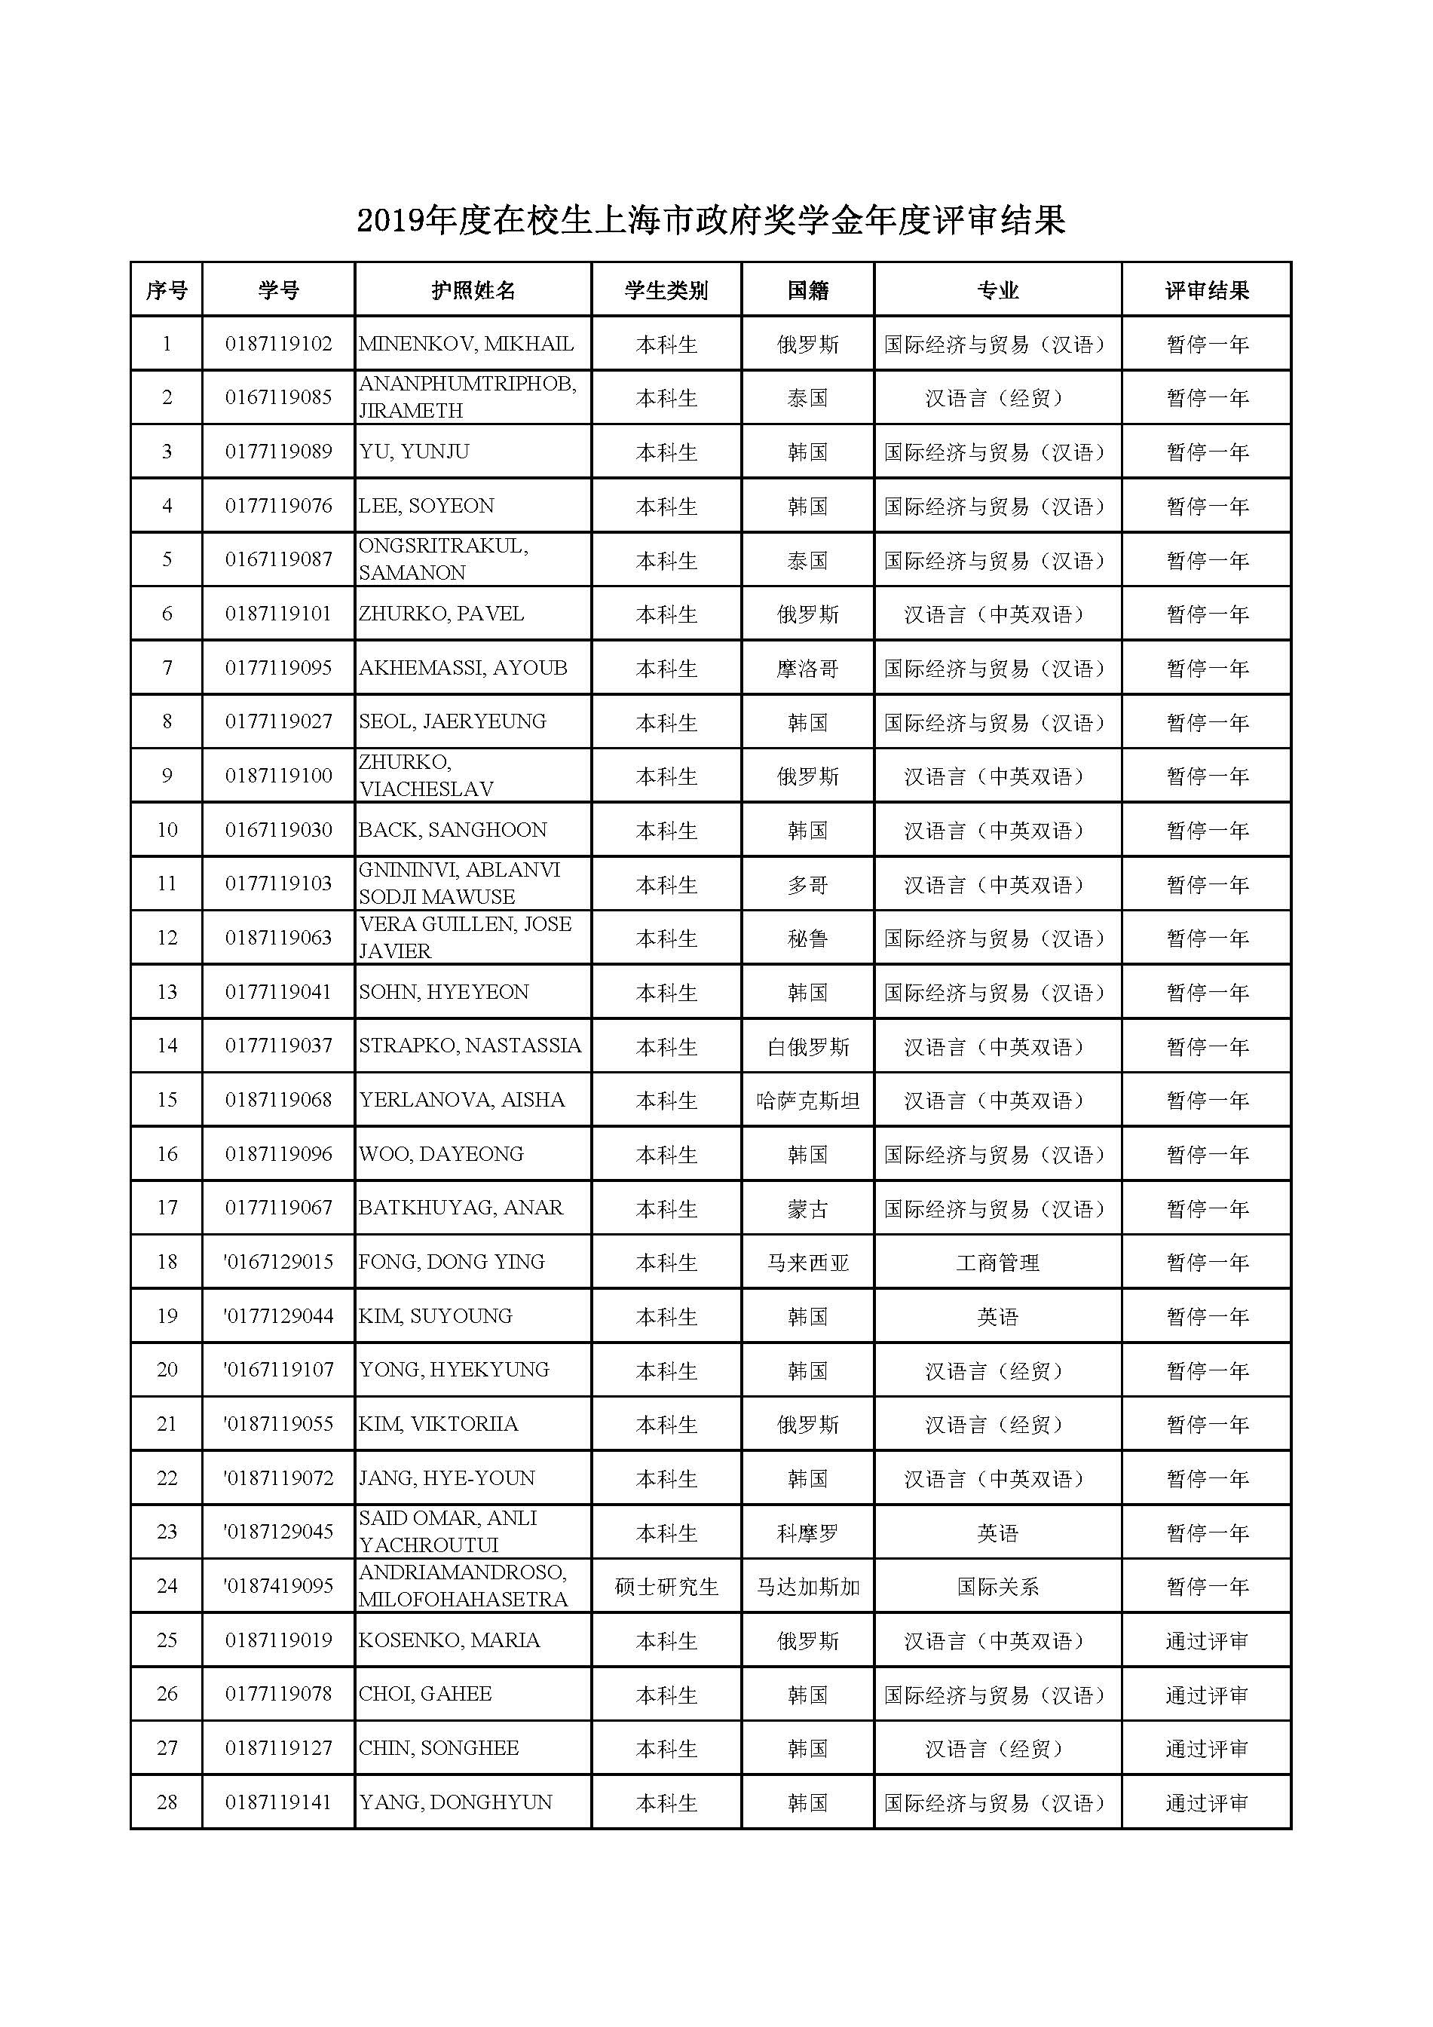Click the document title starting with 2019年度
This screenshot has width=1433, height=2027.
click(711, 221)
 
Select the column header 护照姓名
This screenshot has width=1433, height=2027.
click(473, 290)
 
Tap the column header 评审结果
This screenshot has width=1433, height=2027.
click(1206, 290)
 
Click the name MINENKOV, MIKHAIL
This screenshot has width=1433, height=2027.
click(466, 344)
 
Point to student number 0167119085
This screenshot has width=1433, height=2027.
click(278, 397)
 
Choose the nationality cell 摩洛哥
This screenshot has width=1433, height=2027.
click(807, 669)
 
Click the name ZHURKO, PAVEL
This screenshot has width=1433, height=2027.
click(442, 614)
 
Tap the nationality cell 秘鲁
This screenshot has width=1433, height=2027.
click(807, 938)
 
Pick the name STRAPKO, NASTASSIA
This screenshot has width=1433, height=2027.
click(470, 1046)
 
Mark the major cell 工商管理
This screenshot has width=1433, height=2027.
click(998, 1263)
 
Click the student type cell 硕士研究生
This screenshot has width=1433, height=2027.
click(666, 1587)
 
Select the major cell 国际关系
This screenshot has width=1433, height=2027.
click(998, 1587)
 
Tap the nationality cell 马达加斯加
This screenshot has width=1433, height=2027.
click(807, 1587)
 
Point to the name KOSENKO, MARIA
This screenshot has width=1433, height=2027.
click(449, 1640)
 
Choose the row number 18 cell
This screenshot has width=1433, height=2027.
click(167, 1263)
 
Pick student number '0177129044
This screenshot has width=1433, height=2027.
click(278, 1316)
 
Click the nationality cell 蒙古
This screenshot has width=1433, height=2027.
click(807, 1208)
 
